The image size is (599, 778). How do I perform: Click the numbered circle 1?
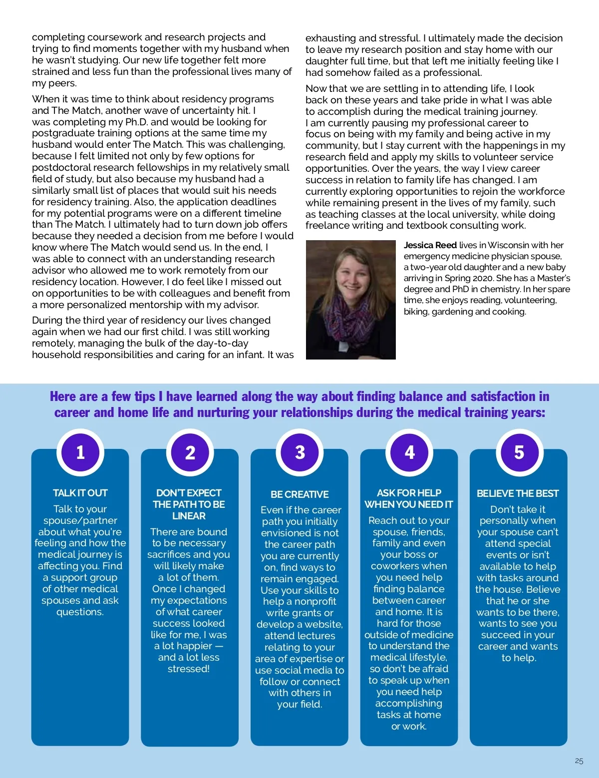click(80, 452)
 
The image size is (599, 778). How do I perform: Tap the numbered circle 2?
click(190, 452)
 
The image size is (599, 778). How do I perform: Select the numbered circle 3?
click(299, 452)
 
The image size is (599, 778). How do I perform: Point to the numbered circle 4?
click(409, 452)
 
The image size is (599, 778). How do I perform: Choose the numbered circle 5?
click(519, 452)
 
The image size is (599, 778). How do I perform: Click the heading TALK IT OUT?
click(80, 493)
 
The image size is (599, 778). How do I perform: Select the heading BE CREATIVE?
click(299, 494)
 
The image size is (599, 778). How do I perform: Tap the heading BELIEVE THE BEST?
click(518, 493)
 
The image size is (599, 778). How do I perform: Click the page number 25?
click(579, 761)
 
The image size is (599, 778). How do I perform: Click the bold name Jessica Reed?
click(430, 245)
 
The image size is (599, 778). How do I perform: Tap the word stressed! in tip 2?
click(189, 669)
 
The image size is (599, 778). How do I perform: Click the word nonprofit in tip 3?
click(315, 601)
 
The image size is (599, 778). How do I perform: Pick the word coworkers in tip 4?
click(395, 566)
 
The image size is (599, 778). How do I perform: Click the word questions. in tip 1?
click(80, 612)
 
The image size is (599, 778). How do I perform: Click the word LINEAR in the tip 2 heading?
click(189, 516)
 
